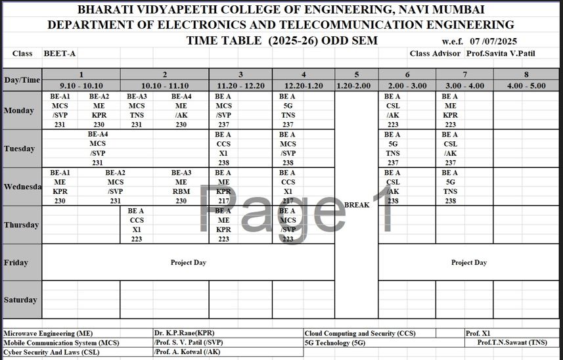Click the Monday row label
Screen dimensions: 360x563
click(x=18, y=110)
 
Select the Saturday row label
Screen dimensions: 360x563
click(x=21, y=300)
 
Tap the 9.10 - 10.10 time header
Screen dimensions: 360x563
click(x=81, y=85)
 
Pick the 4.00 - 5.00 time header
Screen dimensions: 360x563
click(x=526, y=85)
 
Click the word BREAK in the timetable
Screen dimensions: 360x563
click(x=357, y=205)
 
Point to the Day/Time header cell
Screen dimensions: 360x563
click(x=22, y=80)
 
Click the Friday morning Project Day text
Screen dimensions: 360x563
click(x=189, y=263)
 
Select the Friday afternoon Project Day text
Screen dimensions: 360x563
click(x=469, y=263)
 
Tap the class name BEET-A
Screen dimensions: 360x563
click(x=58, y=53)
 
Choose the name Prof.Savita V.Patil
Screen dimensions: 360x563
click(x=499, y=53)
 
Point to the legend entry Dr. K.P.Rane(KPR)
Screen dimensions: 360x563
click(x=184, y=334)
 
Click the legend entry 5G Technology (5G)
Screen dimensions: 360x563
click(x=335, y=343)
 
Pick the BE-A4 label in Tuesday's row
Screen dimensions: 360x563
click(x=98, y=135)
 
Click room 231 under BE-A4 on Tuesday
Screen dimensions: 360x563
click(x=98, y=163)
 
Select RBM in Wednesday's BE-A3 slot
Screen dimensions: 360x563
click(x=181, y=192)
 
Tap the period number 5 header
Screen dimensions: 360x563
click(x=357, y=74)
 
